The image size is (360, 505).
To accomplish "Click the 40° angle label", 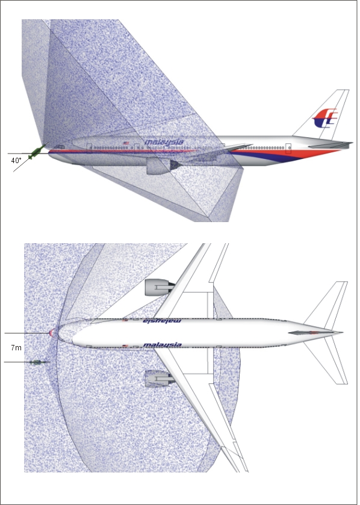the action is tap(16, 161).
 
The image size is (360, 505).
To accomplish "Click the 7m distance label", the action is tap(16, 348).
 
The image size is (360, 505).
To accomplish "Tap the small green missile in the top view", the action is tap(36, 362).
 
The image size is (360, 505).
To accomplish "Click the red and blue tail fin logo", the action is tap(325, 119).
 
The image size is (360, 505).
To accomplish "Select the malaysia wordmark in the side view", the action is tap(164, 142).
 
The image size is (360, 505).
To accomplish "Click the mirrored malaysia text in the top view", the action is tap(162, 321).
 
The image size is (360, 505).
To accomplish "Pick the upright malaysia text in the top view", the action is tap(162, 345).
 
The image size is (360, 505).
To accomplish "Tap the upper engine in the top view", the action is tap(159, 287).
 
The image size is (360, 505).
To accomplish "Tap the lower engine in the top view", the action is tap(159, 379).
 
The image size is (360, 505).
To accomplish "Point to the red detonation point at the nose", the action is tap(52, 333).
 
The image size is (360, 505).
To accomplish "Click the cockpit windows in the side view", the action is tap(59, 147).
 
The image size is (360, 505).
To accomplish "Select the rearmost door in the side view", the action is tap(288, 149).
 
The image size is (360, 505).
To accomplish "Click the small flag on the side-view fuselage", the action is tap(126, 143).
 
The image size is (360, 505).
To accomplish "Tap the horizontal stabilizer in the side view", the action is tap(330, 145).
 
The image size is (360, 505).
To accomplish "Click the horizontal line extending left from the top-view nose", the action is tap(26, 333).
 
